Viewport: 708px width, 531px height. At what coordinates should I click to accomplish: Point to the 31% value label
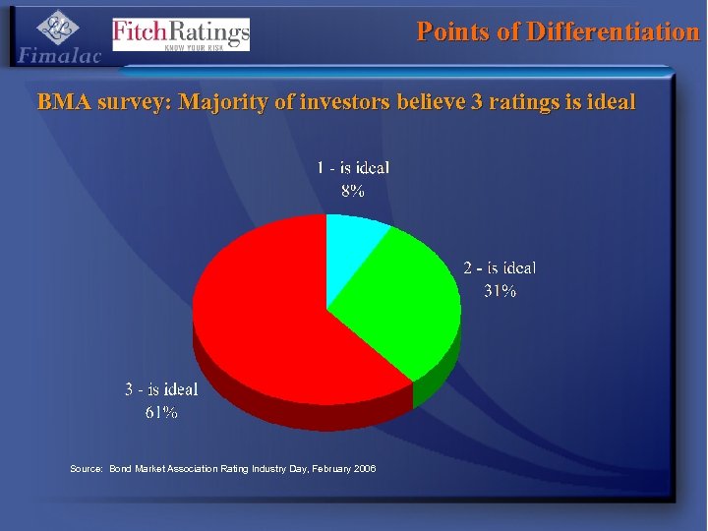click(500, 291)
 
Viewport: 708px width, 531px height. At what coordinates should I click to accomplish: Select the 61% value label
click(161, 413)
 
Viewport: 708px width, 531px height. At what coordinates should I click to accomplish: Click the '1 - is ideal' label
click(353, 168)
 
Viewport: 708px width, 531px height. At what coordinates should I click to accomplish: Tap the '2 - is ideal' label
click(500, 267)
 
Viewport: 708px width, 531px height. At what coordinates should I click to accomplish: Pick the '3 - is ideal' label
click(161, 389)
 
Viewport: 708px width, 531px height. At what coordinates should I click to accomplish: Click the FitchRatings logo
click(181, 34)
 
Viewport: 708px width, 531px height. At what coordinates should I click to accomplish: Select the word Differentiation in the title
click(613, 31)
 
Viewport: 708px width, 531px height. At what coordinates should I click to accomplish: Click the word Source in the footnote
click(86, 468)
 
